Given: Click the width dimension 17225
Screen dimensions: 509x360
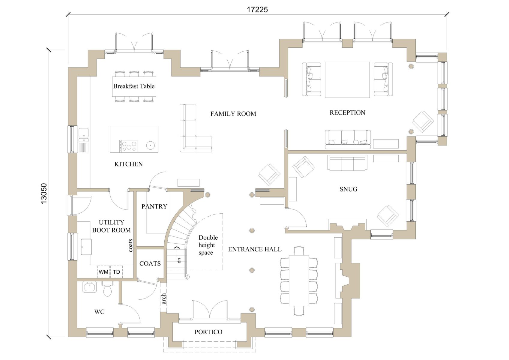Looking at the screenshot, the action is [x=257, y=10].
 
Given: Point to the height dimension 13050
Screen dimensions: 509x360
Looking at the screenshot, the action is [x=43, y=193].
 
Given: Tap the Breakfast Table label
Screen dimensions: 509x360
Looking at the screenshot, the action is [x=134, y=86].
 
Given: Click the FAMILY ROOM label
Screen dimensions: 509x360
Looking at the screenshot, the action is [x=233, y=114].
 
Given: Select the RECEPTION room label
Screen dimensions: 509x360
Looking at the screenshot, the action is [x=347, y=112].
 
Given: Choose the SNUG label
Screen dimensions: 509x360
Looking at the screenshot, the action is [x=349, y=189].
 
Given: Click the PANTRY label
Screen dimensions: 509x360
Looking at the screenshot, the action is [x=154, y=206].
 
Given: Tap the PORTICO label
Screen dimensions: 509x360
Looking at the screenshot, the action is [x=208, y=332].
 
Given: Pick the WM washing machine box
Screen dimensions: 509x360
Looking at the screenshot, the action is [x=103, y=272].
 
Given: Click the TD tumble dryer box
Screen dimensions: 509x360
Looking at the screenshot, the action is [x=116, y=272].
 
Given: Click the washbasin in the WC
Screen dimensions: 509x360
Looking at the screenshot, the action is [x=90, y=287].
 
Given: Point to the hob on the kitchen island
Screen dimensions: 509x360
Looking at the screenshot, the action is [x=128, y=146].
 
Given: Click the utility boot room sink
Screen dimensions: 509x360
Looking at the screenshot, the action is [x=86, y=247].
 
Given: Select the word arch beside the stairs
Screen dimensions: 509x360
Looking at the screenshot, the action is [x=163, y=299].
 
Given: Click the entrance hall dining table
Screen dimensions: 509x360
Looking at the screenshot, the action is [x=299, y=281].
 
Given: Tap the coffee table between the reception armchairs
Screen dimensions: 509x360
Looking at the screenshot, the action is [x=347, y=80].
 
